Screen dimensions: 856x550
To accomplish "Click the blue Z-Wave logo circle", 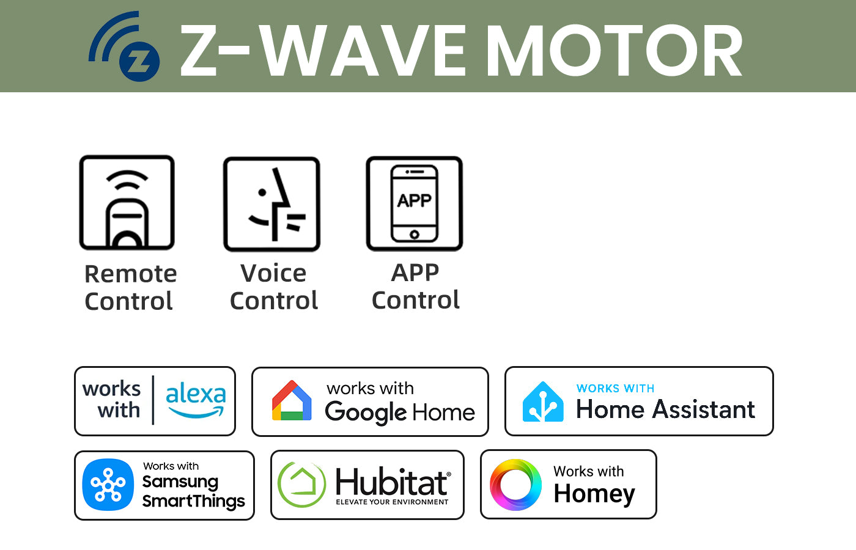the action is point(139,61).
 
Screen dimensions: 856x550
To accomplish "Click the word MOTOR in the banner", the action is point(614,50).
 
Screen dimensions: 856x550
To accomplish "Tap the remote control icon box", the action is point(127,202).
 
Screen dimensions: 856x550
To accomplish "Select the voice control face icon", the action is point(276,204).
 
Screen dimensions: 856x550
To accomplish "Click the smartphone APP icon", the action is point(415,204).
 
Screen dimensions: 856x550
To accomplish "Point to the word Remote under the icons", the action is point(131,274).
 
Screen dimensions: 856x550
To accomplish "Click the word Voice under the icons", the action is point(273,273).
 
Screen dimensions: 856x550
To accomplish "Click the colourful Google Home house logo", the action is point(292,400).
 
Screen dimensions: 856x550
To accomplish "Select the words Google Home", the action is point(400,413).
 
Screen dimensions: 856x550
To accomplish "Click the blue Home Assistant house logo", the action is point(543,402).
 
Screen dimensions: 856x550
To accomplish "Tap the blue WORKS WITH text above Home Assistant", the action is point(615,389).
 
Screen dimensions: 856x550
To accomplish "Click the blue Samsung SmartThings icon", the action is point(108,485).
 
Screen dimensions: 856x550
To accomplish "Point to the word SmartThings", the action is point(193,501).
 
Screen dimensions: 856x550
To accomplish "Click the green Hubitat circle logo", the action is point(301,484).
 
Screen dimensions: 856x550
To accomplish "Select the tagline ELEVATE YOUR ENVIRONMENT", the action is point(392,502).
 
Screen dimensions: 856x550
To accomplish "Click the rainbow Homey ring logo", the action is point(515,485).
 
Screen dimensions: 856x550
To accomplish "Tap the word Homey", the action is point(594,494).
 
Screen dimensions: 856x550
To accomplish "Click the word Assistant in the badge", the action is point(704,409).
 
